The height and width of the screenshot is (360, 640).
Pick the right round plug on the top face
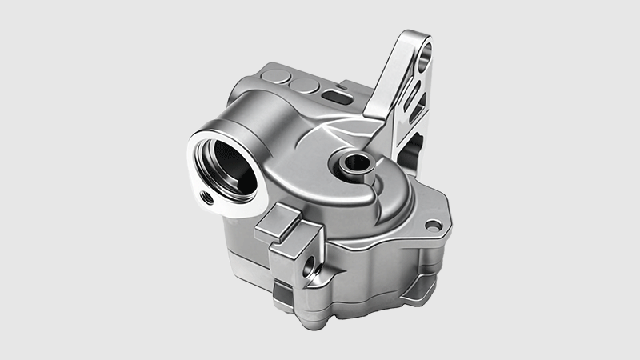302,84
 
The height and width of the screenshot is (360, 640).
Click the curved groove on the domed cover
376,192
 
